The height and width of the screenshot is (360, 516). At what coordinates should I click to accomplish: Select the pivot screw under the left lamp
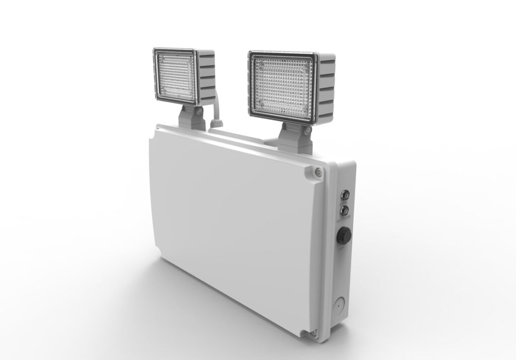[201, 110]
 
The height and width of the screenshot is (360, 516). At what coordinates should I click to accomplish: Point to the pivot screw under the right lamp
[306, 130]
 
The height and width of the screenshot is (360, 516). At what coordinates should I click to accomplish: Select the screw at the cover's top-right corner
[317, 172]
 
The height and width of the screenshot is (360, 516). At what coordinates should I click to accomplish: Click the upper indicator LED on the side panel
[345, 193]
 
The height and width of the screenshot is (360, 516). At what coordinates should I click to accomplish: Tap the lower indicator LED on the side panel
[345, 207]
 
